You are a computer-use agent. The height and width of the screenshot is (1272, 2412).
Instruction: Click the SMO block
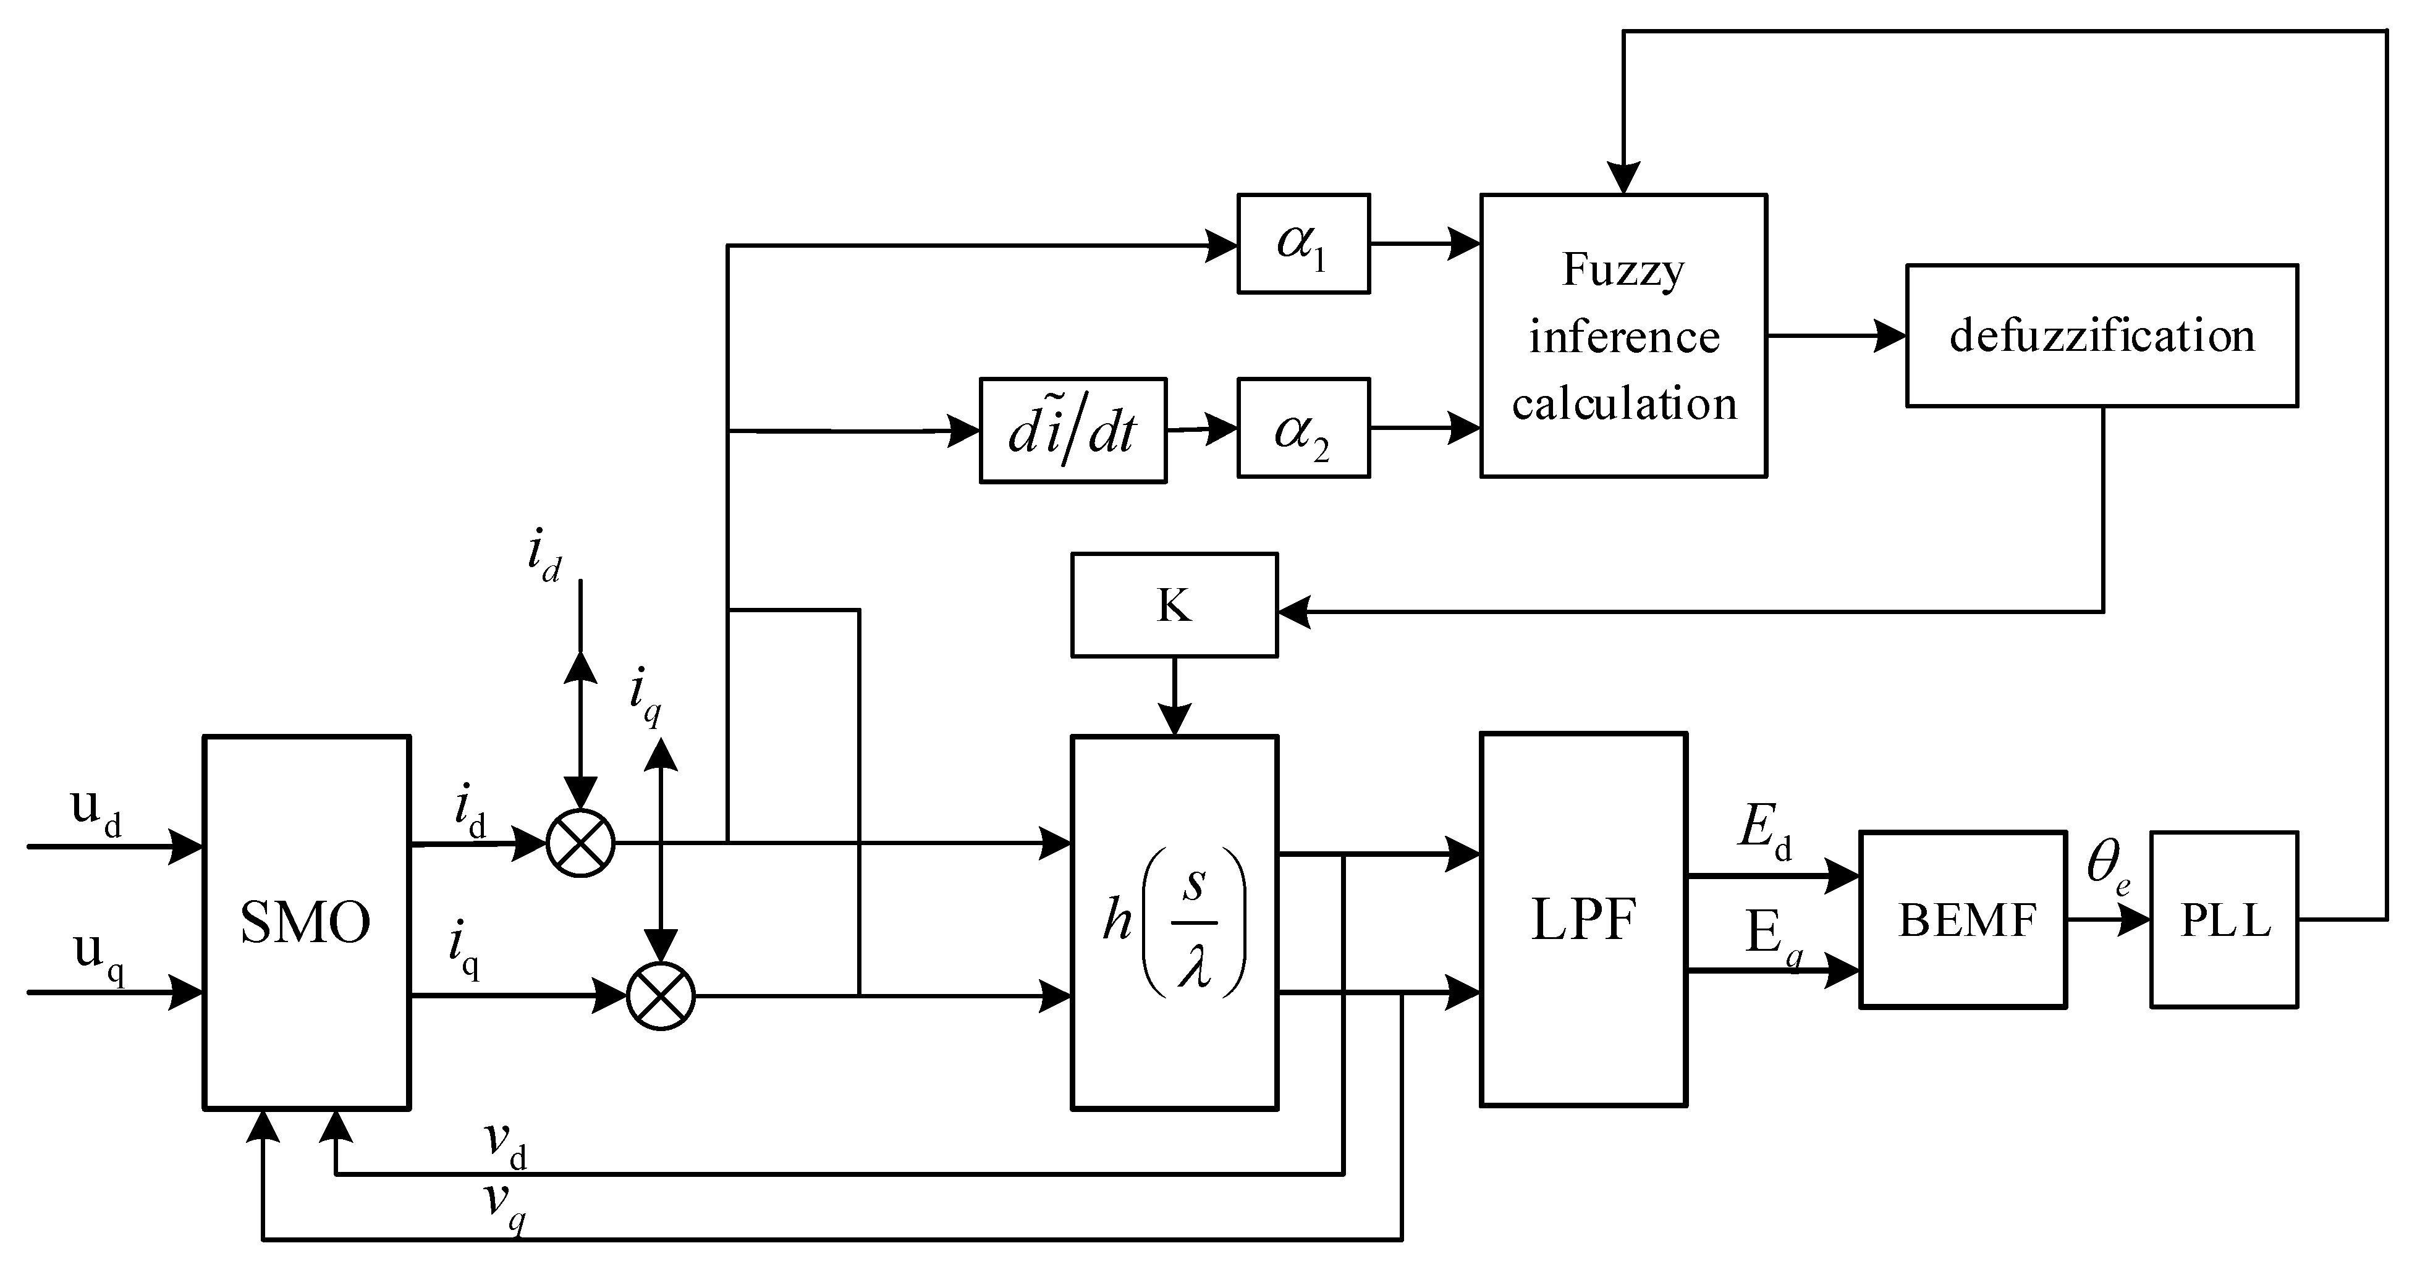coord(306,922)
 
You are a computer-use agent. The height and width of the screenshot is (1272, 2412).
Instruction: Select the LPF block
coord(1583,919)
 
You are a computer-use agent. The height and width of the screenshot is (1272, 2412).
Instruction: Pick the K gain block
coord(1174,605)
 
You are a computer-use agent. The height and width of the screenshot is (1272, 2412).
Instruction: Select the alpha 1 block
coord(1303,244)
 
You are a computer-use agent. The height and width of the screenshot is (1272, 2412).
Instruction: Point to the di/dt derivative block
coord(1072,431)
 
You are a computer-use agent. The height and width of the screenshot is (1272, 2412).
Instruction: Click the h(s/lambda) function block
coord(1174,922)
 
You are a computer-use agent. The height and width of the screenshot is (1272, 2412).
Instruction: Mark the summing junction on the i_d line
coord(580,843)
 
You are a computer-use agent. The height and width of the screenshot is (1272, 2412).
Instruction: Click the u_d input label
coord(96,811)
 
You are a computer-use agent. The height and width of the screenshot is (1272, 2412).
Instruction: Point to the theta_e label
coord(2107,869)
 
